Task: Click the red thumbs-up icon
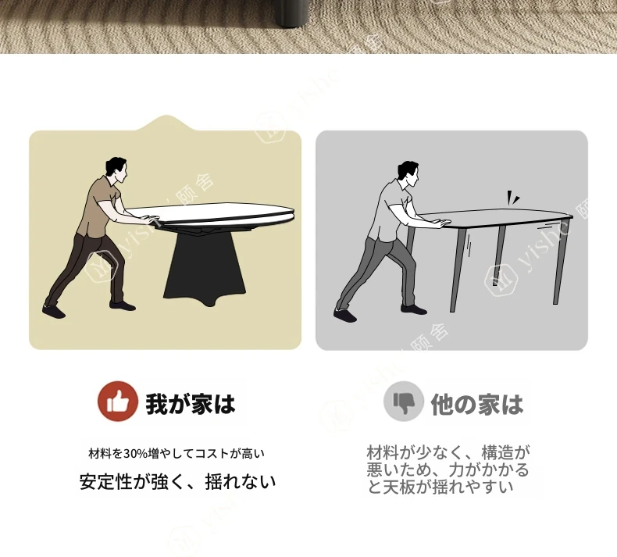pos(118,401)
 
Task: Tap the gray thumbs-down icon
pos(404,401)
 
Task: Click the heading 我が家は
pos(191,404)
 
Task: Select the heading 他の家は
pos(477,404)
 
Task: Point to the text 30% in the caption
pos(135,454)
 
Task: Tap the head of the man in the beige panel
pos(117,170)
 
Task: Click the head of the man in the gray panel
pos(408,173)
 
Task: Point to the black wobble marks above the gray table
pos(512,198)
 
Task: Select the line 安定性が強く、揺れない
pos(177,482)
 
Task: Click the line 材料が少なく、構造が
pos(448,452)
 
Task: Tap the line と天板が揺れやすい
pos(440,487)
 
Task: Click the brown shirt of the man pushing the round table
pos(97,206)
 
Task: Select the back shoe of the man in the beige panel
pos(54,311)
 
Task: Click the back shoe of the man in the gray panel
pos(345,315)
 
